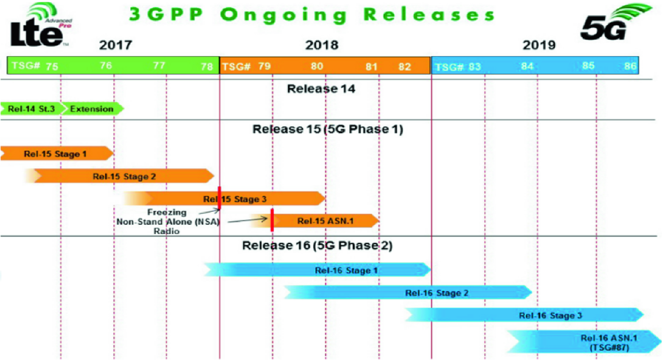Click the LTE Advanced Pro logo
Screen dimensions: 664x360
[41, 25]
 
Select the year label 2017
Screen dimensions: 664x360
[115, 45]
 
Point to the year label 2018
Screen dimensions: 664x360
[321, 45]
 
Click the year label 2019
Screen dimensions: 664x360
[539, 45]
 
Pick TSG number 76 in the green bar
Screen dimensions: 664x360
[106, 65]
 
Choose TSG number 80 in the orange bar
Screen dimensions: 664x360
[317, 66]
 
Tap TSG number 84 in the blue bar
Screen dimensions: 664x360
[527, 66]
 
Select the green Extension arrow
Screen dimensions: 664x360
[93, 109]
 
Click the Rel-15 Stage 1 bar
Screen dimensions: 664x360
[57, 154]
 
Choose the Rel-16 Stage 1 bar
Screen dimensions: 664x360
[317, 270]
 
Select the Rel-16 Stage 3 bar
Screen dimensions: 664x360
[524, 315]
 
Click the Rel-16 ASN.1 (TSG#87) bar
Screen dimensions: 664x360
[584, 342]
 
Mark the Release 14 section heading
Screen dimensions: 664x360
[321, 89]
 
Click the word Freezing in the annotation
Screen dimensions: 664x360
[167, 212]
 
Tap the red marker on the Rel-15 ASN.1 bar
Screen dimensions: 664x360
[272, 220]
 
